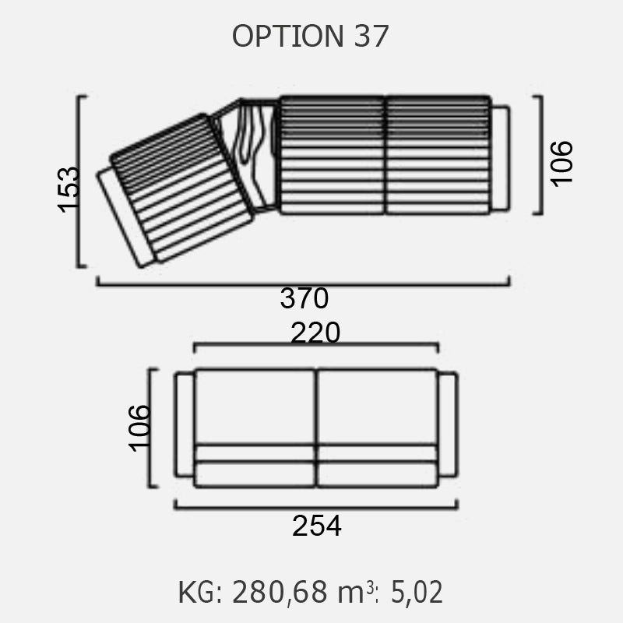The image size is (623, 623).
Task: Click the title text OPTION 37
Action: (310, 36)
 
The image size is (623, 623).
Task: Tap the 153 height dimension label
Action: (69, 189)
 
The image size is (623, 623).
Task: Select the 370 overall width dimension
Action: (304, 298)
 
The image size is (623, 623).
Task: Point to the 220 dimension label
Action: (315, 333)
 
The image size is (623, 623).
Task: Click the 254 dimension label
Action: (317, 526)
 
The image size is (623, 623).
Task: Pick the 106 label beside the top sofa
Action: (561, 164)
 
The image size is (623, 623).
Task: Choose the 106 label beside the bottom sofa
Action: (139, 428)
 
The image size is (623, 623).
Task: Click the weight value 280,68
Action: (280, 592)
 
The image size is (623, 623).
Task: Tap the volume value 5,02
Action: (417, 592)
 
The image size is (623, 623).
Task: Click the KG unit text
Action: (200, 592)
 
